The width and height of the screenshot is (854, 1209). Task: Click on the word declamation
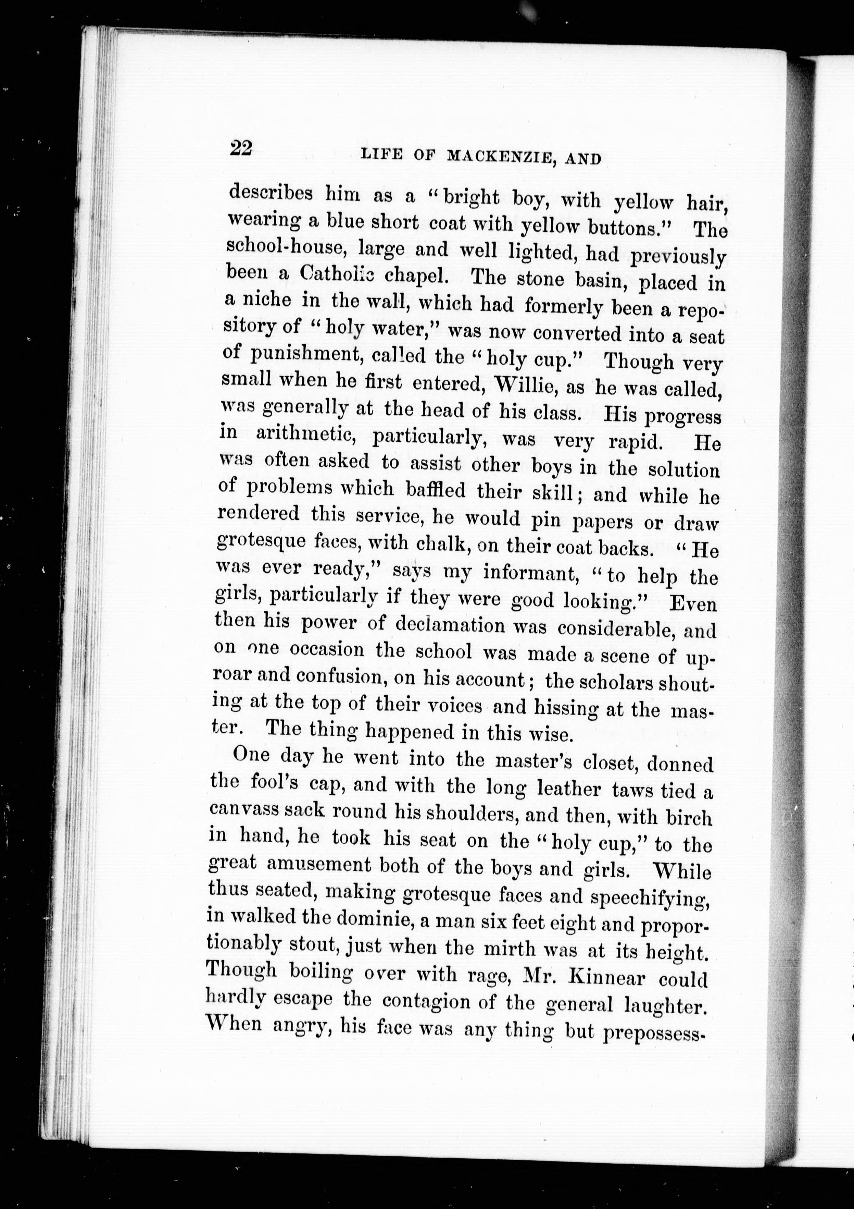[450, 625]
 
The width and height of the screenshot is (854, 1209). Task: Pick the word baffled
[436, 490]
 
